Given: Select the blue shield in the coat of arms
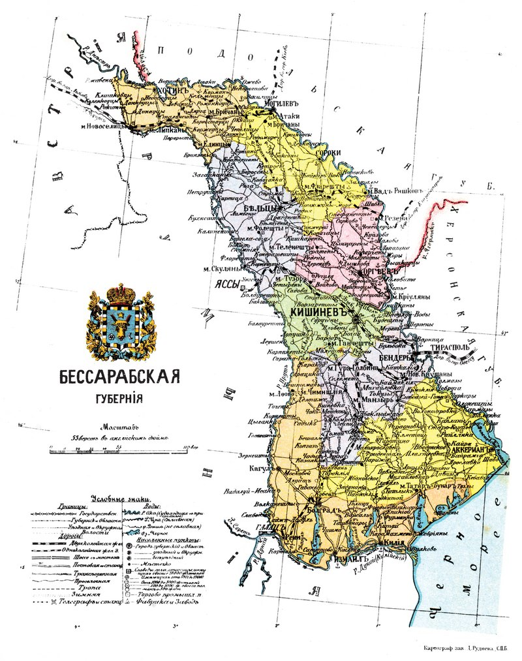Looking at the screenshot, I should tap(120, 322).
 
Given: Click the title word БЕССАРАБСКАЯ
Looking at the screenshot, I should tap(119, 378).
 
